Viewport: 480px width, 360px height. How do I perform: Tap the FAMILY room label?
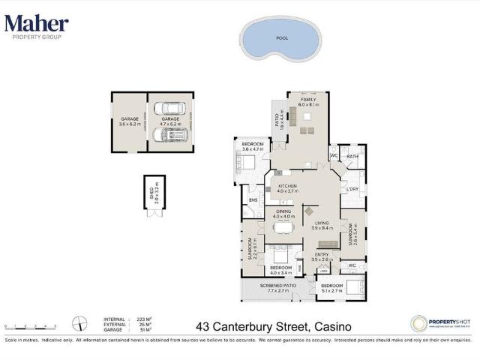(308, 100)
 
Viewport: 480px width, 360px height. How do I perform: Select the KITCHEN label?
(288, 186)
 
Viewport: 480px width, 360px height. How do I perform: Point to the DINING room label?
(283, 212)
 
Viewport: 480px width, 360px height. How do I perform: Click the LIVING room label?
(322, 223)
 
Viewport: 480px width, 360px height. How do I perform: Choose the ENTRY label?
(322, 255)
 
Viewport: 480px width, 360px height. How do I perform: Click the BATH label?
(352, 156)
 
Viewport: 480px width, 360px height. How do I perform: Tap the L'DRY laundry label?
(352, 189)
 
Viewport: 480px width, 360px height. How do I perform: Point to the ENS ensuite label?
(253, 199)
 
